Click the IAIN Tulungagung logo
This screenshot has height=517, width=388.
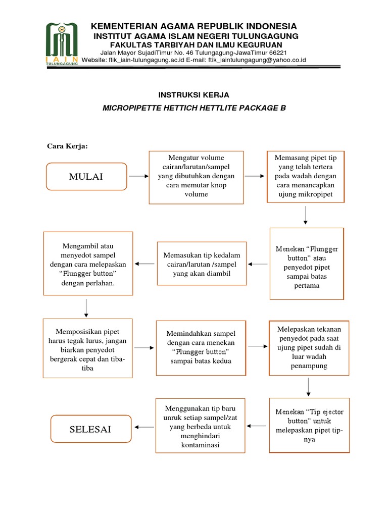click(62, 44)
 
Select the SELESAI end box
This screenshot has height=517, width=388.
click(91, 429)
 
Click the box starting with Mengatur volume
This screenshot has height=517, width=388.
click(196, 176)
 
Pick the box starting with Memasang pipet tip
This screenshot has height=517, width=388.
click(306, 176)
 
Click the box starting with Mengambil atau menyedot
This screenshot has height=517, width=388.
click(88, 264)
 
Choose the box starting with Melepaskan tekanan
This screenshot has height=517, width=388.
click(309, 347)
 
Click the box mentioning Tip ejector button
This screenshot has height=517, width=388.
click(309, 425)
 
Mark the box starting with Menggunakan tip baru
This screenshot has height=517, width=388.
click(201, 425)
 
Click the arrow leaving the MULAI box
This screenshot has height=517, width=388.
click(138, 176)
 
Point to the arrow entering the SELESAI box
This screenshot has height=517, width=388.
click(144, 427)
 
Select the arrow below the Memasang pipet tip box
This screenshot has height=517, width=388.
click(306, 215)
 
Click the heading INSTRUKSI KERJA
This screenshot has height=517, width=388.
click(193, 95)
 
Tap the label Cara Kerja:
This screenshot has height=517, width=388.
click(67, 146)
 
